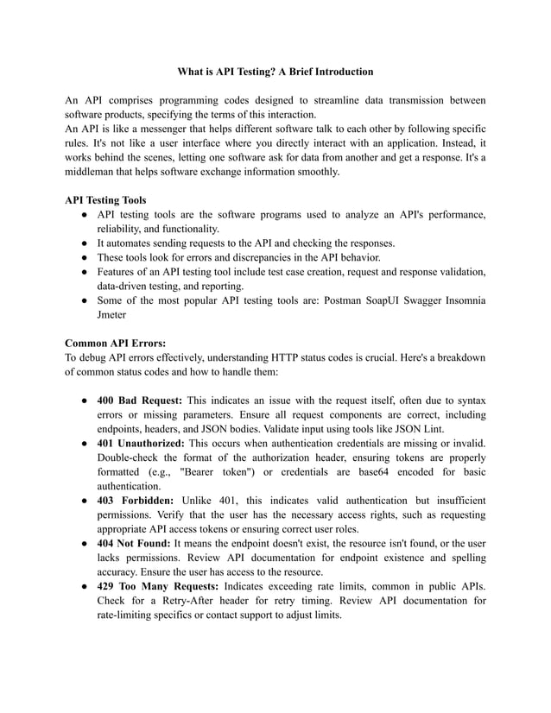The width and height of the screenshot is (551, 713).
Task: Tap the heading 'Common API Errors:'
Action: (x=116, y=342)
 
